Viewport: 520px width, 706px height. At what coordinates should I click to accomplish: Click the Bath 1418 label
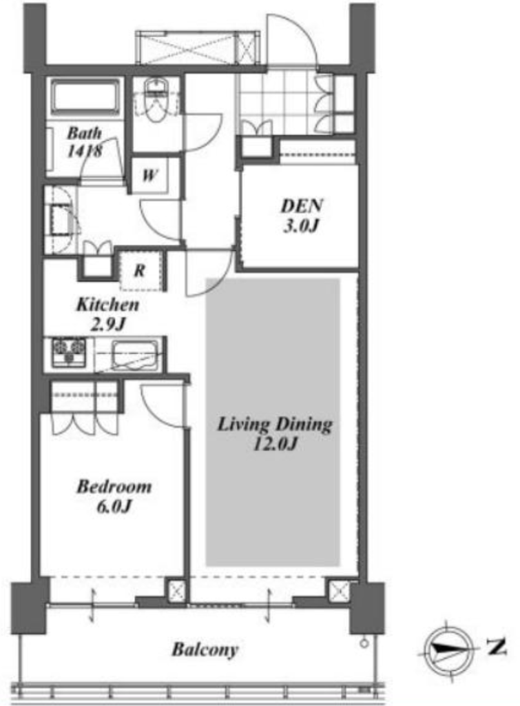pos(85,142)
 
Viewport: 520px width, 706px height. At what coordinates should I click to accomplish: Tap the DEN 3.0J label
pos(302,215)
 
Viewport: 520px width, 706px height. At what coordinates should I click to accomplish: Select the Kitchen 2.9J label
pos(108,314)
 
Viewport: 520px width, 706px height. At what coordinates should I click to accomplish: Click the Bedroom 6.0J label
pos(114,496)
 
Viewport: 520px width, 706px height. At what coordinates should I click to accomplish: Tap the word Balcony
pos(205,649)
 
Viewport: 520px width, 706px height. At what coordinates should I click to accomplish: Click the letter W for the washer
pos(149,174)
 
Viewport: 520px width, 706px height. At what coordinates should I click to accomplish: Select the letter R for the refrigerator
pos(140,270)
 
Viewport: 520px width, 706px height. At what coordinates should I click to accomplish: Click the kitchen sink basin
pos(135,355)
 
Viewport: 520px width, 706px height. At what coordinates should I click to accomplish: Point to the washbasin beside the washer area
pos(61,220)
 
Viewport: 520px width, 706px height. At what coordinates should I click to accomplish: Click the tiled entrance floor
pos(278,103)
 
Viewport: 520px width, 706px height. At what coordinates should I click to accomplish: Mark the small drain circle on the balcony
pos(364,643)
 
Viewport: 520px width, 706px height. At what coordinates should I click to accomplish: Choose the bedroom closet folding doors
pos(85,424)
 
